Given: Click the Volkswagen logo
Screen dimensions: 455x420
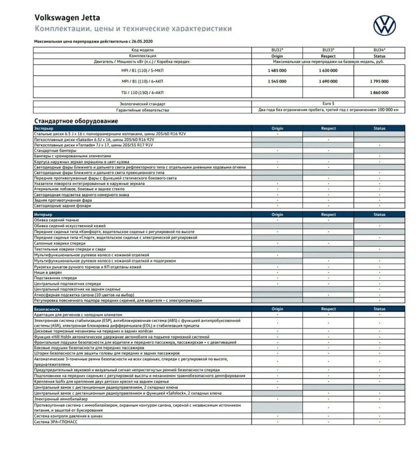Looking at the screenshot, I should click(x=384, y=25).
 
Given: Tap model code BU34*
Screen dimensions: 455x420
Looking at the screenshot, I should click(x=379, y=50).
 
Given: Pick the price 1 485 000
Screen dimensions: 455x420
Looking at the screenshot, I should click(x=276, y=71).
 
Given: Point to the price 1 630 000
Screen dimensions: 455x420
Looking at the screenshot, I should click(x=328, y=71).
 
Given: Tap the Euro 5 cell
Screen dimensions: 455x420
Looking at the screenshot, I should click(x=328, y=104).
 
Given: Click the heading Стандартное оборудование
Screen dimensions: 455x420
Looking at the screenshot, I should click(x=76, y=121).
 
